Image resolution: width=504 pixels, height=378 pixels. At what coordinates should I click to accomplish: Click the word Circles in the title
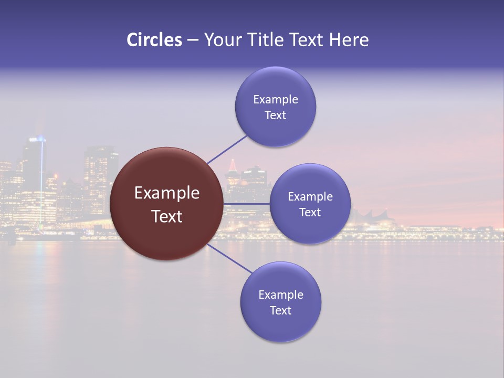click(154, 40)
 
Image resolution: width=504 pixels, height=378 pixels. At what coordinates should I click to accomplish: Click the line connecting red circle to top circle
click(227, 149)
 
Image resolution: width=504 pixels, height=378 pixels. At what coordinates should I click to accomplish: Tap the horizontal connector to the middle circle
click(247, 204)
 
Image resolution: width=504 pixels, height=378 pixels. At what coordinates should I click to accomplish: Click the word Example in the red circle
click(166, 193)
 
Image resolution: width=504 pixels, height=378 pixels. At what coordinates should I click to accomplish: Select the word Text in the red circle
click(166, 216)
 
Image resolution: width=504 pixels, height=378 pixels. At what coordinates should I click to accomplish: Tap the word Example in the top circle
click(276, 99)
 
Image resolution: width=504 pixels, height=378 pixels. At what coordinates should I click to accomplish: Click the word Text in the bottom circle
click(280, 310)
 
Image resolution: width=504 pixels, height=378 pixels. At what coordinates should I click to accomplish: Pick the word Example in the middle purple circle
click(310, 196)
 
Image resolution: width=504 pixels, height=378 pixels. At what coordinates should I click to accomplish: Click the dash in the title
click(193, 40)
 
